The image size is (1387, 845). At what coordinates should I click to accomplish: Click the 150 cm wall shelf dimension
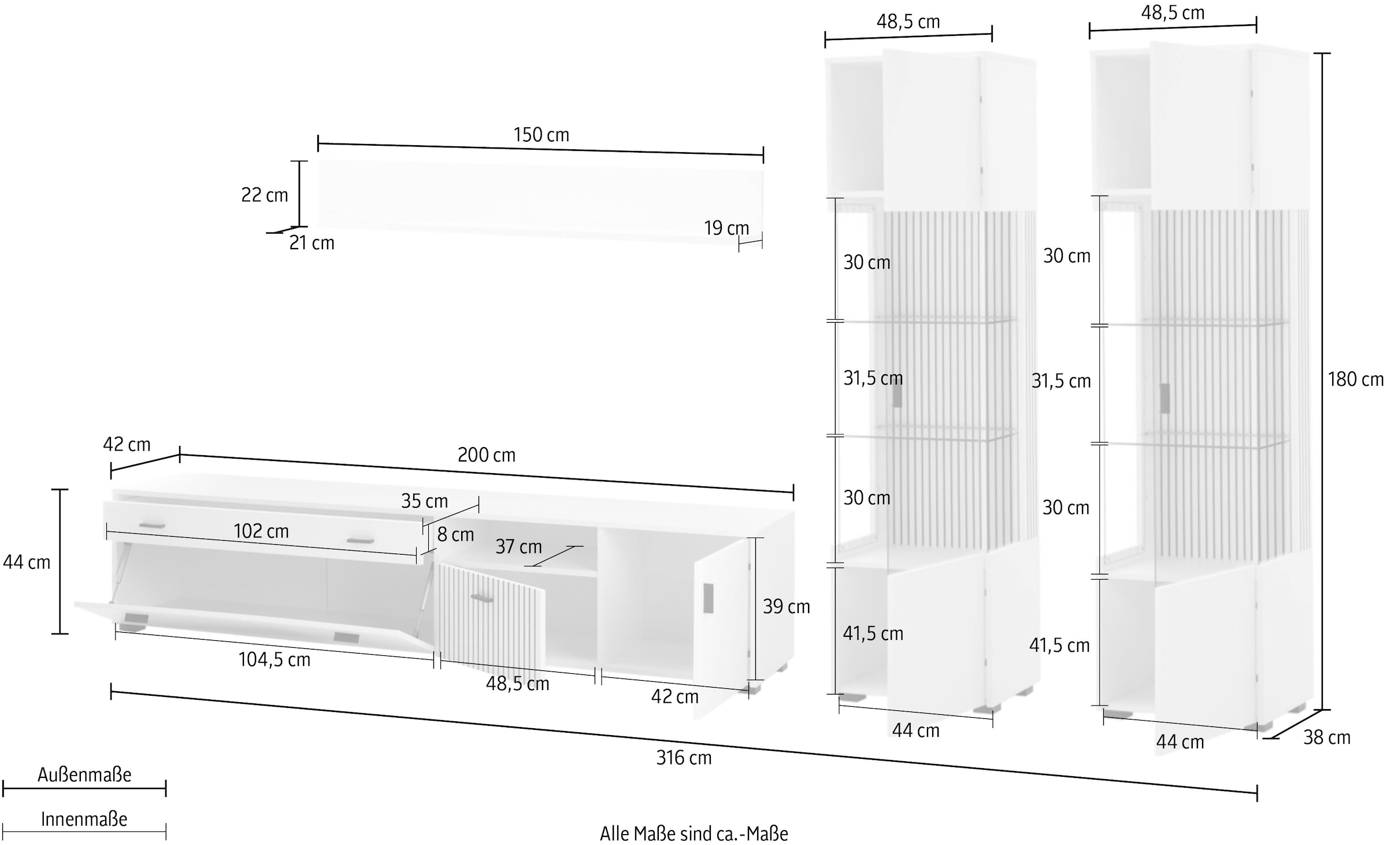click(x=541, y=135)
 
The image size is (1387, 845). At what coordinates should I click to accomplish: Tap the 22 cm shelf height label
click(x=264, y=195)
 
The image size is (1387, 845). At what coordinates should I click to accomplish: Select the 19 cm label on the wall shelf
click(x=726, y=228)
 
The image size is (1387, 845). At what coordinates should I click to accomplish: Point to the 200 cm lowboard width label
click(x=486, y=455)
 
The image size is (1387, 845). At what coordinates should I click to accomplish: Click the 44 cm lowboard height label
click(x=27, y=562)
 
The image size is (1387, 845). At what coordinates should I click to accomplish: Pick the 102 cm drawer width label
click(x=261, y=531)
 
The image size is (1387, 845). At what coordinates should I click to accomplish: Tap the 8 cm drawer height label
click(x=455, y=534)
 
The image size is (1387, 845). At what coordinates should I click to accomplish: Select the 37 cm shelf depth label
click(x=518, y=547)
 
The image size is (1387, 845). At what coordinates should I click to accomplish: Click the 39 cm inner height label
click(x=786, y=606)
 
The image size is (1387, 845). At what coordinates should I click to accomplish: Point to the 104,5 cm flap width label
click(x=275, y=659)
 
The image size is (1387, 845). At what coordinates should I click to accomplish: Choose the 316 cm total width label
click(x=684, y=758)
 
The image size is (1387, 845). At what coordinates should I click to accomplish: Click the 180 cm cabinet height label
click(x=1355, y=379)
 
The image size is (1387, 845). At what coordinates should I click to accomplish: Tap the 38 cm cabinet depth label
click(x=1326, y=737)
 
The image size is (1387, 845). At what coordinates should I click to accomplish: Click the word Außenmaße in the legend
click(x=84, y=774)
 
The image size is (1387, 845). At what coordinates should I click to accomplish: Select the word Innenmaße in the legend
click(x=84, y=819)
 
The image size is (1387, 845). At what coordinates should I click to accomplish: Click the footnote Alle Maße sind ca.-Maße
click(x=693, y=833)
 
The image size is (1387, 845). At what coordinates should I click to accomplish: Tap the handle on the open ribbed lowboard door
click(x=481, y=598)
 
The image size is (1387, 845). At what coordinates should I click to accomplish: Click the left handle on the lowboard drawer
click(x=152, y=525)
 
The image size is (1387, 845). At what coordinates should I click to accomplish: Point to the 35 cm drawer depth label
click(x=424, y=501)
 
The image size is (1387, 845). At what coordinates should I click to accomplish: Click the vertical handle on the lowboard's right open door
click(x=708, y=598)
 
